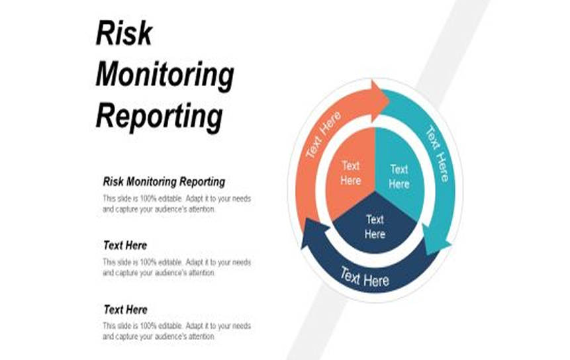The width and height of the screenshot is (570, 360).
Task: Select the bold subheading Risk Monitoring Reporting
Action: pos(164,181)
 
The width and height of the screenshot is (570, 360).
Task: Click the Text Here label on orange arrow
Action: pos(323,135)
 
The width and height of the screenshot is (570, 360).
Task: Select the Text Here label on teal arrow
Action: pos(437,153)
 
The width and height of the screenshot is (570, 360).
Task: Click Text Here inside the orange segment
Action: pos(350,172)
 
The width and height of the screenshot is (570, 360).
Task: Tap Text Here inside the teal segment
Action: pos(399,176)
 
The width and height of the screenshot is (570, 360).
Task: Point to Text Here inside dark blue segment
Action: pos(375,226)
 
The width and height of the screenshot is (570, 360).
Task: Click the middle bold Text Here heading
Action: pos(125,246)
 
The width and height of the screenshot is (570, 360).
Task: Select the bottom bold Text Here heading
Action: pos(125,309)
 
